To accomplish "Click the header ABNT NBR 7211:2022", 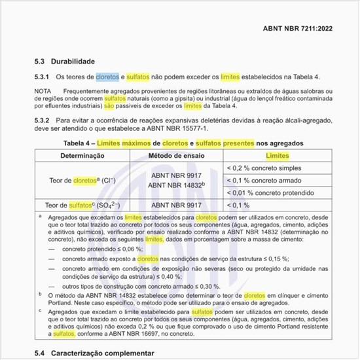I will pos(303,29).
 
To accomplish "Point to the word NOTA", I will pos(44,90).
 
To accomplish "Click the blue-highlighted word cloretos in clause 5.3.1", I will pos(108,77).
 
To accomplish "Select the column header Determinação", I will pos(82,156).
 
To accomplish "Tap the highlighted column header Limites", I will pos(276,156).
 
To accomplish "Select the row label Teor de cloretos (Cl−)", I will pos(83,180).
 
